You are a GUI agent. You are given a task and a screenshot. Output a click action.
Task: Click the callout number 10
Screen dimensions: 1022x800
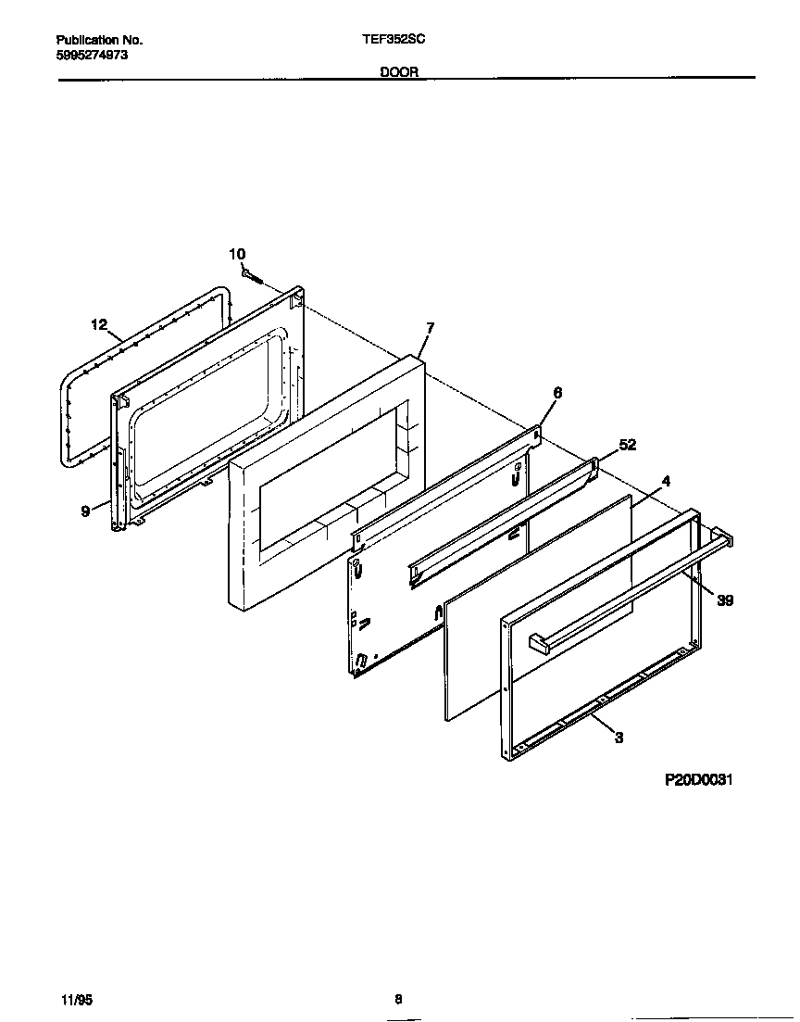coord(237,254)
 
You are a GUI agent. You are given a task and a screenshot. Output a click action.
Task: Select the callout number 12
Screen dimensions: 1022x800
coord(100,324)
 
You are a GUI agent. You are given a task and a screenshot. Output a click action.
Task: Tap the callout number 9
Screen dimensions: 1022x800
coord(85,511)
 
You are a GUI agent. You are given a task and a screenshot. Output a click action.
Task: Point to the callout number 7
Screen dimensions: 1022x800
coord(430,328)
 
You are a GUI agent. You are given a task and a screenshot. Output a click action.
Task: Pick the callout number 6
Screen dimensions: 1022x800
coord(556,393)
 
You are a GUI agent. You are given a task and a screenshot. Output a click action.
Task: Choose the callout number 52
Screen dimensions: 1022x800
coord(627,445)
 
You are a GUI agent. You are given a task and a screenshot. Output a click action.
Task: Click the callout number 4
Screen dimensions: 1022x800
coord(666,481)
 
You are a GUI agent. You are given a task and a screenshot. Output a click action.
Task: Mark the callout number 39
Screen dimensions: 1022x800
coord(725,600)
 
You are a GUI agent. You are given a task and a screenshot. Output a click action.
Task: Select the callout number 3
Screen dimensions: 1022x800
coord(619,738)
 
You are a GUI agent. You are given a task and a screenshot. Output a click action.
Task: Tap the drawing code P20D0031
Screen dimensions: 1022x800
coord(699,780)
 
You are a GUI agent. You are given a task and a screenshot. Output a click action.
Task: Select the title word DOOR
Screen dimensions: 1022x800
coord(399,71)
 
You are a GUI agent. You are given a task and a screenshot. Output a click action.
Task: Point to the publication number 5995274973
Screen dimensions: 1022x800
coord(93,56)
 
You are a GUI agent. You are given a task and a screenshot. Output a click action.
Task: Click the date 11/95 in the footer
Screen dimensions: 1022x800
coord(77,999)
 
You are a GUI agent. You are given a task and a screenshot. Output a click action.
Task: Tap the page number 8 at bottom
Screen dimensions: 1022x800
coord(398,999)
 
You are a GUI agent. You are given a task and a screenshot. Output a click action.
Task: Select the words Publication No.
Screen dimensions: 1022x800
coord(99,40)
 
